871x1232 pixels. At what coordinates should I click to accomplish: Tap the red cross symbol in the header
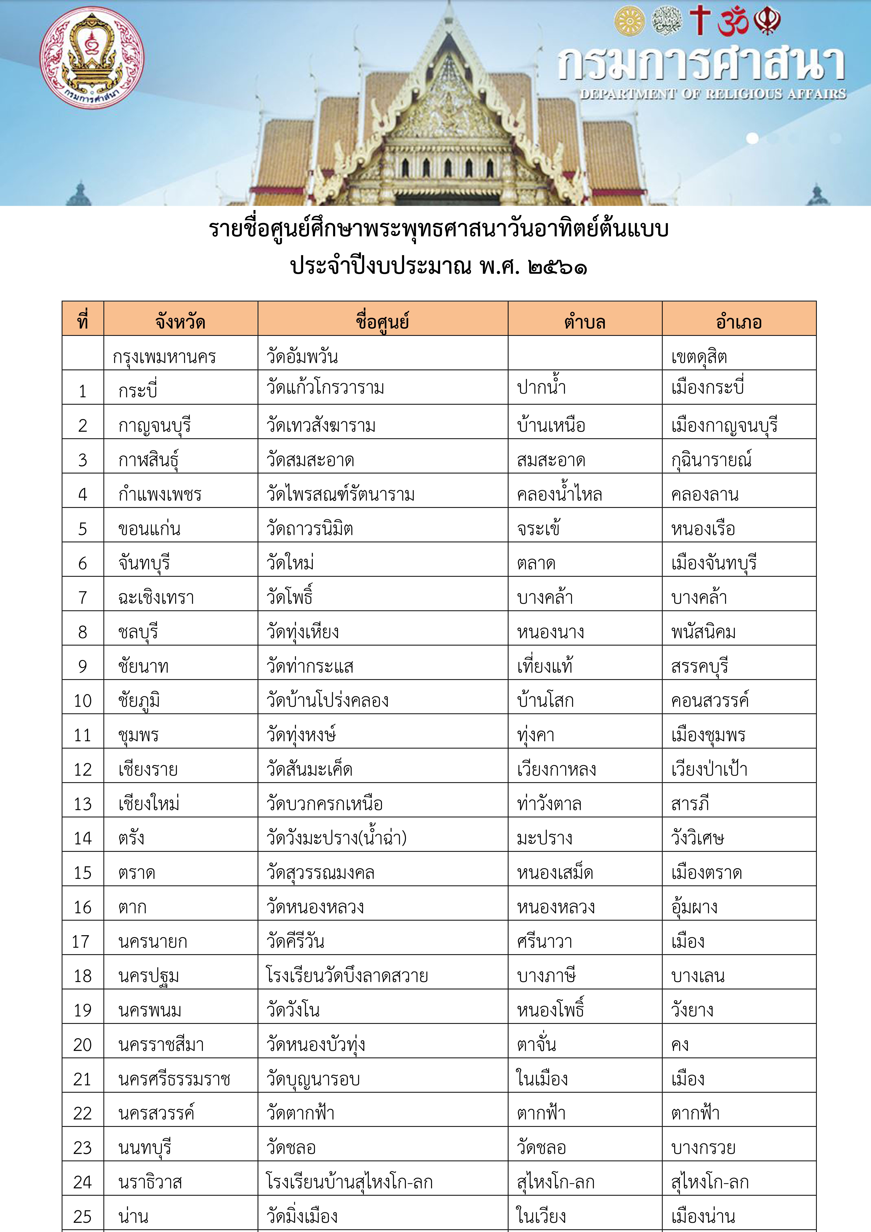coord(700,20)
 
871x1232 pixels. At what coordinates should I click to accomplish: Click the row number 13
coord(83,804)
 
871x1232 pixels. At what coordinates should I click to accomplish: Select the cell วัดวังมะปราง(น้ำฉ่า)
coord(337,838)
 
